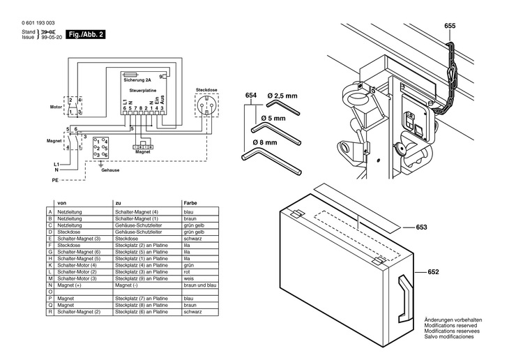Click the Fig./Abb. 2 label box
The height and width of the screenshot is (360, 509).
click(x=86, y=33)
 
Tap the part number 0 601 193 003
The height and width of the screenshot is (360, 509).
click(x=39, y=24)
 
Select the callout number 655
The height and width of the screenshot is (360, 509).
click(x=450, y=26)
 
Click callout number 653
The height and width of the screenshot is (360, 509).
click(x=421, y=227)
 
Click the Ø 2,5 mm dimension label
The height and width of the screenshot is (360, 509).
click(x=282, y=95)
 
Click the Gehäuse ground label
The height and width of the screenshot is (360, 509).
click(x=110, y=170)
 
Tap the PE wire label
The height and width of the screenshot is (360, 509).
click(x=55, y=180)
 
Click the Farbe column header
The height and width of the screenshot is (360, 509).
click(x=190, y=202)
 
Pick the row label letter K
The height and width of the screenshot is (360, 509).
click(x=50, y=265)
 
